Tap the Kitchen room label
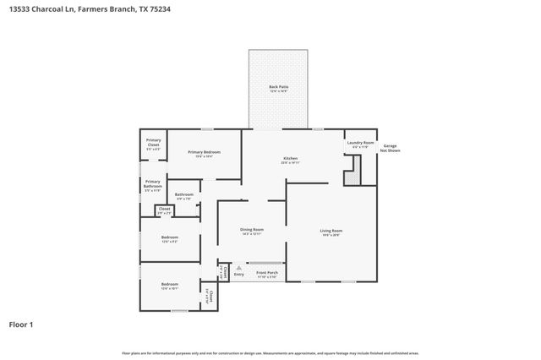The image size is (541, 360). click(x=290, y=160)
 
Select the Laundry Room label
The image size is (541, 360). click(x=360, y=144)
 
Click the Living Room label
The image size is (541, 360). click(x=331, y=231)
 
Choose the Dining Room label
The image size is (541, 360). click(x=252, y=230)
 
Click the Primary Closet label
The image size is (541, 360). click(x=153, y=142)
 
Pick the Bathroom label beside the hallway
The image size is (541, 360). click(x=184, y=195)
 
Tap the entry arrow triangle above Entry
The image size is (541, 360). click(x=238, y=266)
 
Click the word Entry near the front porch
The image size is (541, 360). click(x=238, y=274)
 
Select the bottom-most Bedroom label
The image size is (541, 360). click(x=169, y=285)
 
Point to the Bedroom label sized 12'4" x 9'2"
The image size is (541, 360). click(x=169, y=237)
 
